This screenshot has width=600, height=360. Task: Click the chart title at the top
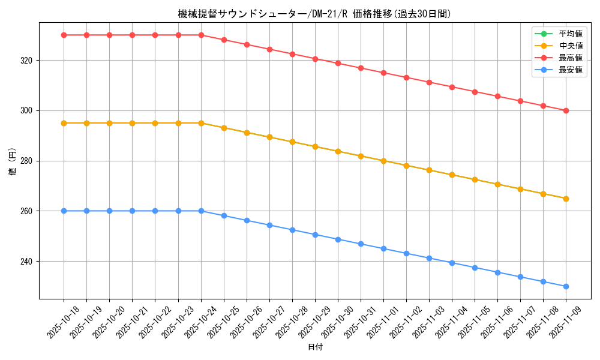(314, 13)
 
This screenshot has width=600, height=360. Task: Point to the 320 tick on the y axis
(28, 61)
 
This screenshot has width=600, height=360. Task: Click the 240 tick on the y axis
(28, 262)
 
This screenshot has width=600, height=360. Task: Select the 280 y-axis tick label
(28, 161)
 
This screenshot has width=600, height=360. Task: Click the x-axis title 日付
(314, 347)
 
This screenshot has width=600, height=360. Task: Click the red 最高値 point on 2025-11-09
(566, 110)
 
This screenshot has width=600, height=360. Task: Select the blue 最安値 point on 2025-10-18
(64, 211)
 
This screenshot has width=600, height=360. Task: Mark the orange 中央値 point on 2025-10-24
(201, 123)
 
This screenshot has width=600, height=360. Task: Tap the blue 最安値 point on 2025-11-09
(566, 286)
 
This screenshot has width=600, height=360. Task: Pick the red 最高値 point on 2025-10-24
(201, 35)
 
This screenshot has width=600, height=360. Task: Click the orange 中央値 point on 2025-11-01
(383, 161)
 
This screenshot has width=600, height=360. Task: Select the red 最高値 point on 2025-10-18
(64, 35)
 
